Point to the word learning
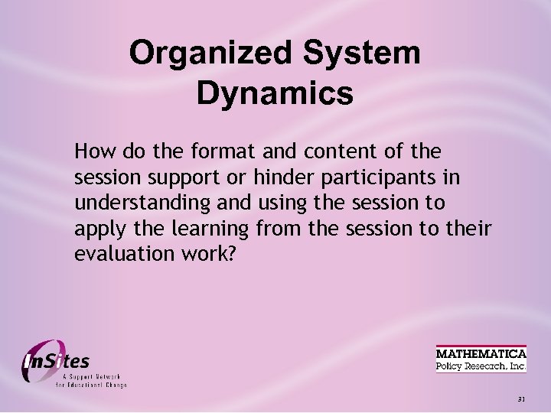coord(214,229)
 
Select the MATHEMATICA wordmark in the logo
coord(481,353)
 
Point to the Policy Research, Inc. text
coord(481,366)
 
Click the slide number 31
coord(521,399)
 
